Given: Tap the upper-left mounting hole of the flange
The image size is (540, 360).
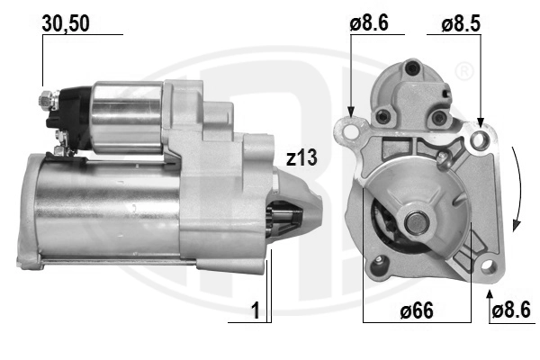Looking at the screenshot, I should click(x=350, y=131).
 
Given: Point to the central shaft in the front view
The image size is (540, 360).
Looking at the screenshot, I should click(x=416, y=221).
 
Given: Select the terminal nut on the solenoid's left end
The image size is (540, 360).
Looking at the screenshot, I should click(x=45, y=100).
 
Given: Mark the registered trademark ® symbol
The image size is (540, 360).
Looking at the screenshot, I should click(x=462, y=69).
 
